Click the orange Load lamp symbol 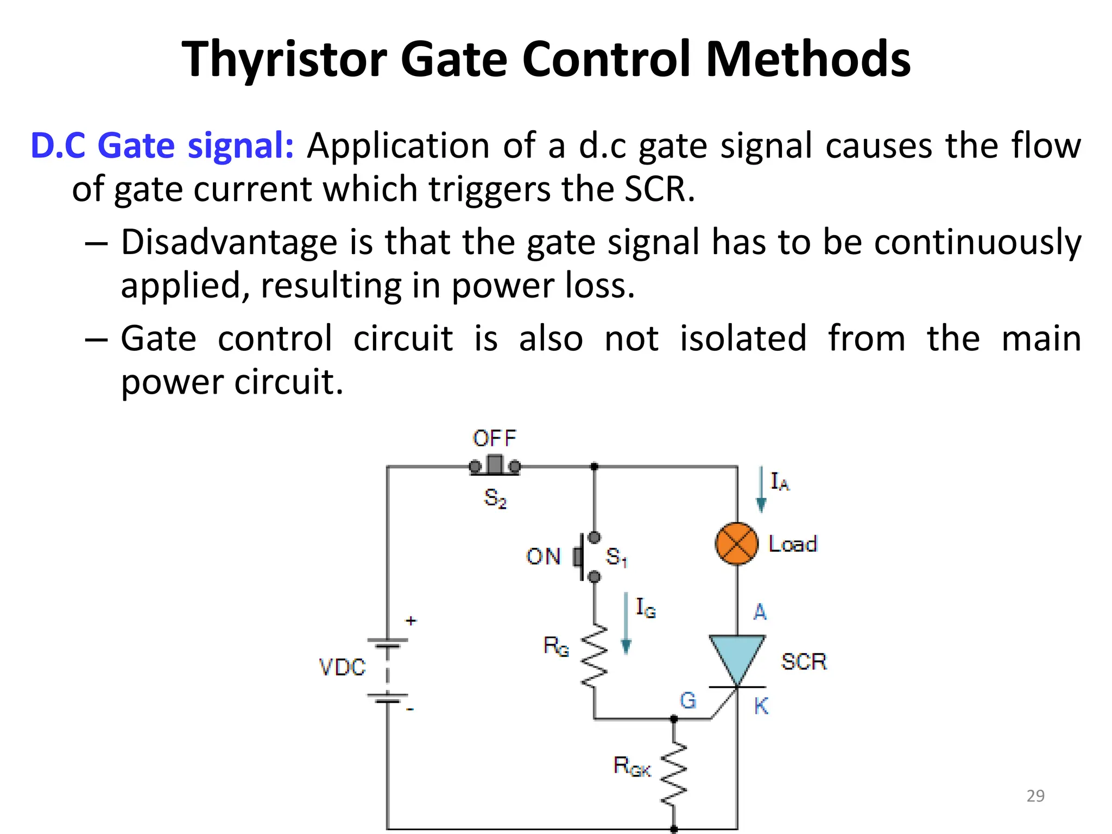pos(736,544)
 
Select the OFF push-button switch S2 pos(495,466)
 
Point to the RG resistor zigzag pos(594,656)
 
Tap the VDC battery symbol pos(388,671)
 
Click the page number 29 pos(1035,795)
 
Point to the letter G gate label pos(687,700)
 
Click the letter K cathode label pos(761,706)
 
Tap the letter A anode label pos(760,612)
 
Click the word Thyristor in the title pos(284,59)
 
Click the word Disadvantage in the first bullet pos(229,242)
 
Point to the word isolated pos(743,338)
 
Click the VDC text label pos(342,667)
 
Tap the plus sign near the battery pos(411,620)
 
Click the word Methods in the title pos(808,59)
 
